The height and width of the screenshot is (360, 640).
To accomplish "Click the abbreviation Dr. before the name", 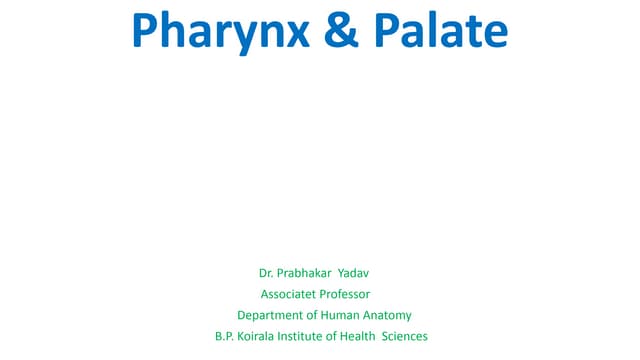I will pyautogui.click(x=266, y=273).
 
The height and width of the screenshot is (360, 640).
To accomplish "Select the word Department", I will pyautogui.click(x=273, y=315).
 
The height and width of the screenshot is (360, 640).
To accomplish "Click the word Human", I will pyautogui.click(x=342, y=315).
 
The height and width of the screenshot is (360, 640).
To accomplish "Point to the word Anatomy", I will pyautogui.click(x=389, y=315).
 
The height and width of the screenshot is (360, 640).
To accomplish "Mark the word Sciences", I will pyautogui.click(x=406, y=336).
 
